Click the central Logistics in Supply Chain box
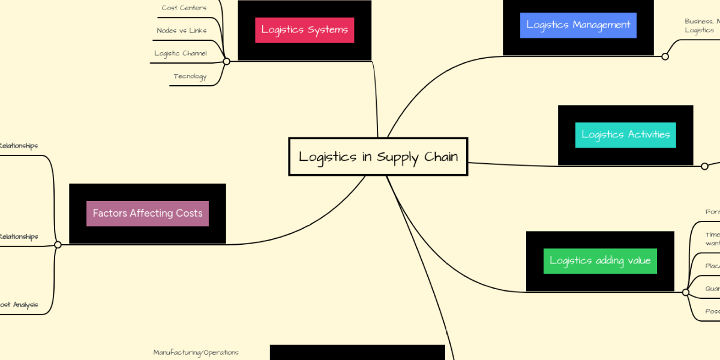pos(378,157)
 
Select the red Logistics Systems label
pos(304,30)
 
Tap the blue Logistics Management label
pos(578,25)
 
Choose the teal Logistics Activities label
pos(626,135)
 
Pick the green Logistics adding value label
pos(600,261)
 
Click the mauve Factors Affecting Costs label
pos(148,214)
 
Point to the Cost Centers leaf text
pos(184,8)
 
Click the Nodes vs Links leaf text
pos(181,31)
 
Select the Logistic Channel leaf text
pos(181,53)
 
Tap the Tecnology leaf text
pos(190,76)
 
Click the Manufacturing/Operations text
pos(196,352)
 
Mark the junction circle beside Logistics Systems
pos(226,61)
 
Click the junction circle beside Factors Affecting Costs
pos(58,245)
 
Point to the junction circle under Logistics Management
pos(665,56)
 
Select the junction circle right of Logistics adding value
pos(686,292)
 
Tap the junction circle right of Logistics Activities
pos(705,166)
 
